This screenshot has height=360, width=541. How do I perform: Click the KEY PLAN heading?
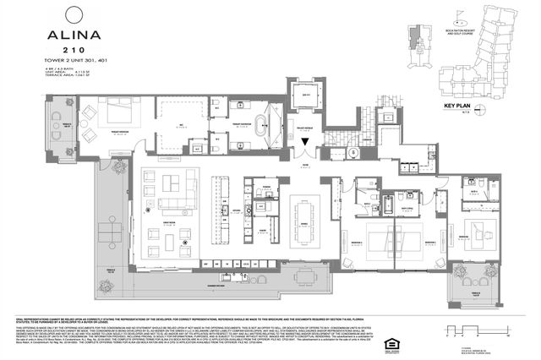[456, 106]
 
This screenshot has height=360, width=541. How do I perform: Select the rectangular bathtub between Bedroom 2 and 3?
[387, 202]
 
